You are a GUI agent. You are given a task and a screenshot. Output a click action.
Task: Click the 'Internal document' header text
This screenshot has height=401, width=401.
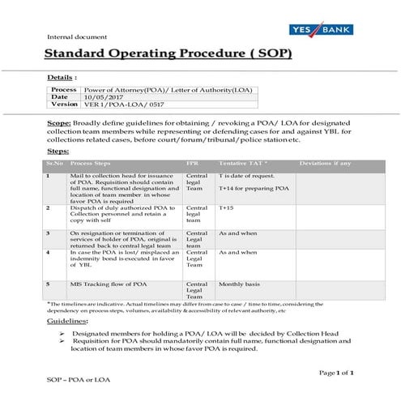[x=73, y=37]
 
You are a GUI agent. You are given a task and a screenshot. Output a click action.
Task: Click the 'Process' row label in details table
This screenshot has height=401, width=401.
[x=64, y=89]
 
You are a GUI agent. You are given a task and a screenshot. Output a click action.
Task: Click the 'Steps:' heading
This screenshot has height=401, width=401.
[x=58, y=151]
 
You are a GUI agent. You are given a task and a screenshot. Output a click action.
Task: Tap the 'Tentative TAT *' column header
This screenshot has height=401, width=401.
[x=243, y=163]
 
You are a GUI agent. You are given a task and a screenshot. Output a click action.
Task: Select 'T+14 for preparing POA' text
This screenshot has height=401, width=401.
[x=254, y=188]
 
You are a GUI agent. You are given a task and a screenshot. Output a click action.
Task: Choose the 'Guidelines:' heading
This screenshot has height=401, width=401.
[x=74, y=322]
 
